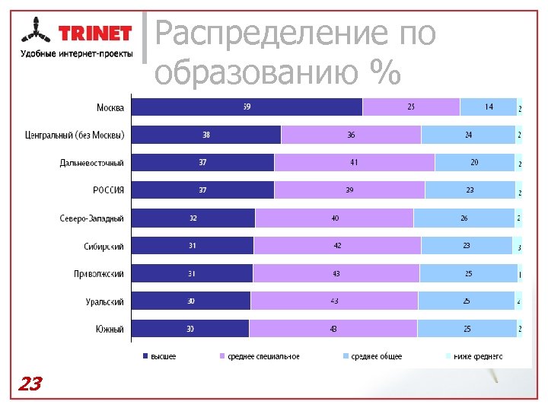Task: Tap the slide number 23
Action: [x=30, y=384]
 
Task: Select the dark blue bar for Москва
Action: [x=247, y=107]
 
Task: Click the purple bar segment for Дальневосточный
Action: [x=354, y=163]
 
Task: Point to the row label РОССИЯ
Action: [x=109, y=190]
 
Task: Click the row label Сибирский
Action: [x=104, y=246]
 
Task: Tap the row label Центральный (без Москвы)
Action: [x=74, y=135]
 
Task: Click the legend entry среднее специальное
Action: [x=260, y=356]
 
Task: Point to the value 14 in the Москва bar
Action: [x=489, y=107]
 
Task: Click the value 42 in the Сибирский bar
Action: [x=337, y=246]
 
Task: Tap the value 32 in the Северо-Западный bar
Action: [x=193, y=218]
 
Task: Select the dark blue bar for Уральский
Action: [x=190, y=301]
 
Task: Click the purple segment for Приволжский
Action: [x=336, y=274]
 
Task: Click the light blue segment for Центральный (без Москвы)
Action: [x=468, y=135]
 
